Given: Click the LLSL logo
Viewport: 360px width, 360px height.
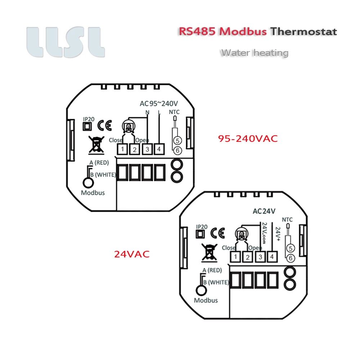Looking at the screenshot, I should [66, 42].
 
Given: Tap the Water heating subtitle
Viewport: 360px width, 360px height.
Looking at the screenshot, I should [255, 53].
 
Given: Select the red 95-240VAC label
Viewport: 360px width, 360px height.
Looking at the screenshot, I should [248, 139].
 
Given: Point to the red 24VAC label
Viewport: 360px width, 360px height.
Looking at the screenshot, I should [131, 254].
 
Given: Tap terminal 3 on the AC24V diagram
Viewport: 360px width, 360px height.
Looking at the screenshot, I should [260, 257].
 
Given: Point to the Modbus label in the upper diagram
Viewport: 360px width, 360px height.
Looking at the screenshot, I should [93, 193].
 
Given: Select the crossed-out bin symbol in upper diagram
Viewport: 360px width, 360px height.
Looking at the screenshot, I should [95, 144].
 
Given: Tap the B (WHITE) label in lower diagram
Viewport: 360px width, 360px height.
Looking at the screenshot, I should [215, 282].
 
